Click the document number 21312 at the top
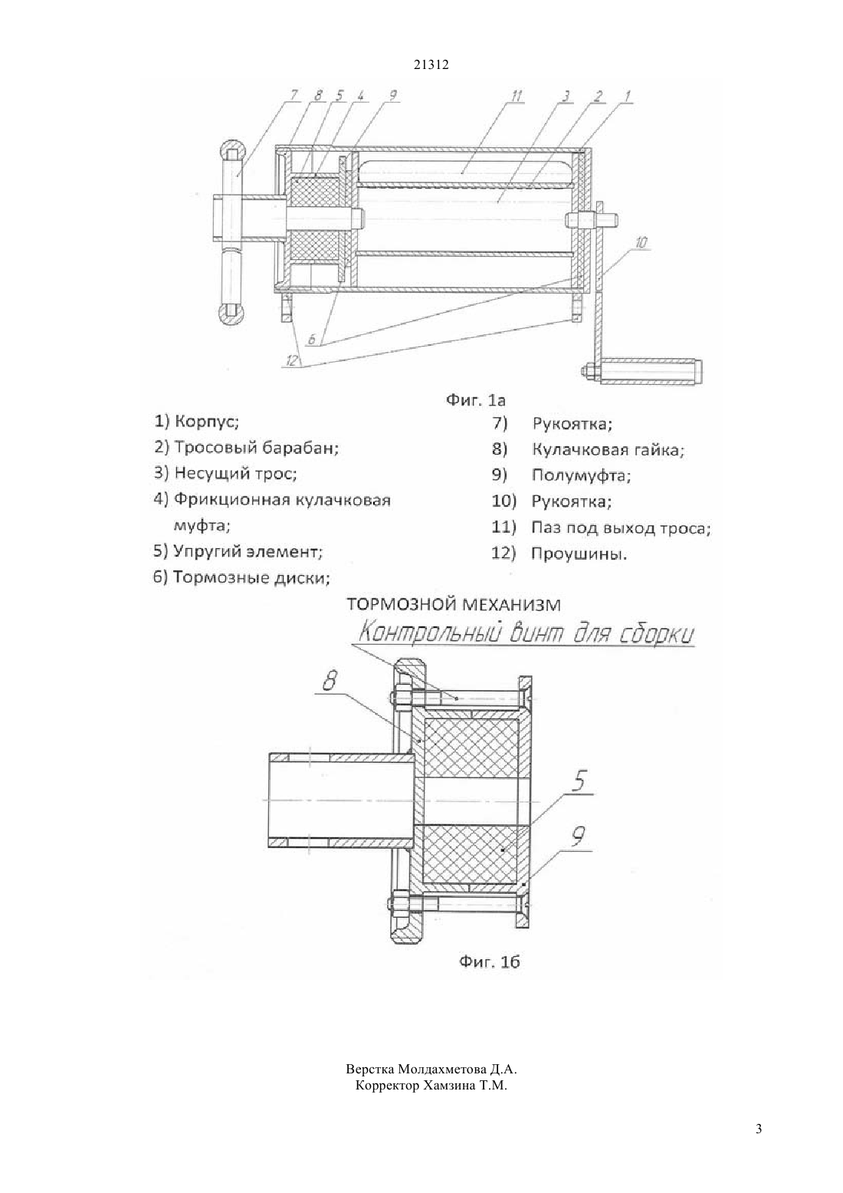(431, 64)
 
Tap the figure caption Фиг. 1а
(475, 400)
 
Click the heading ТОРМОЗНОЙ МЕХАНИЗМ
(454, 604)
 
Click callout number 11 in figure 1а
(517, 96)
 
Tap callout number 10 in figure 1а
(642, 243)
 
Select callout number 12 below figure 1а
(292, 361)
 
